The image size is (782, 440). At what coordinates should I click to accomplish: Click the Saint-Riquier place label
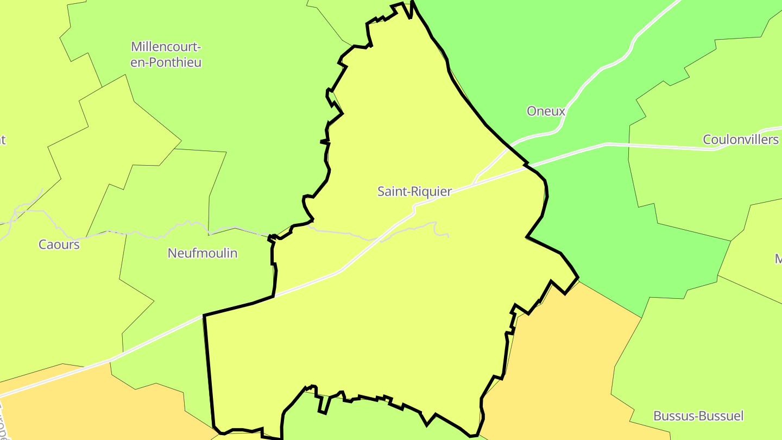[414, 192]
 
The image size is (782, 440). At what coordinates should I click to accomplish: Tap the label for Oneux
[546, 111]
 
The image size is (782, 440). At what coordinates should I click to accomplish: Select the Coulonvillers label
[740, 140]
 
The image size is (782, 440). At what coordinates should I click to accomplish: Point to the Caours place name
[59, 244]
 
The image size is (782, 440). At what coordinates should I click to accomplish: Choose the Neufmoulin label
[202, 253]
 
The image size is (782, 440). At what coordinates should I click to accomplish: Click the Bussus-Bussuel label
[698, 416]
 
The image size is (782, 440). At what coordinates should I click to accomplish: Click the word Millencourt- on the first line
[166, 47]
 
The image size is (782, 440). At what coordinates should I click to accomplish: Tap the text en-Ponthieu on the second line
[166, 62]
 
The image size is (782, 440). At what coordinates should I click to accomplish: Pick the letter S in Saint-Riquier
[381, 192]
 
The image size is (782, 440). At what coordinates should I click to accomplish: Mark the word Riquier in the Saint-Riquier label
[433, 192]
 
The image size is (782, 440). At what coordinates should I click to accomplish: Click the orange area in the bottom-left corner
[81, 407]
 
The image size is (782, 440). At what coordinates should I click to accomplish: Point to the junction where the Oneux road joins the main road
[474, 184]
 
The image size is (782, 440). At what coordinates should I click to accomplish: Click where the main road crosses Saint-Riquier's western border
[274, 296]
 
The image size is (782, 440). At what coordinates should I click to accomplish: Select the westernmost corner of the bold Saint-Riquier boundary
[204, 315]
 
